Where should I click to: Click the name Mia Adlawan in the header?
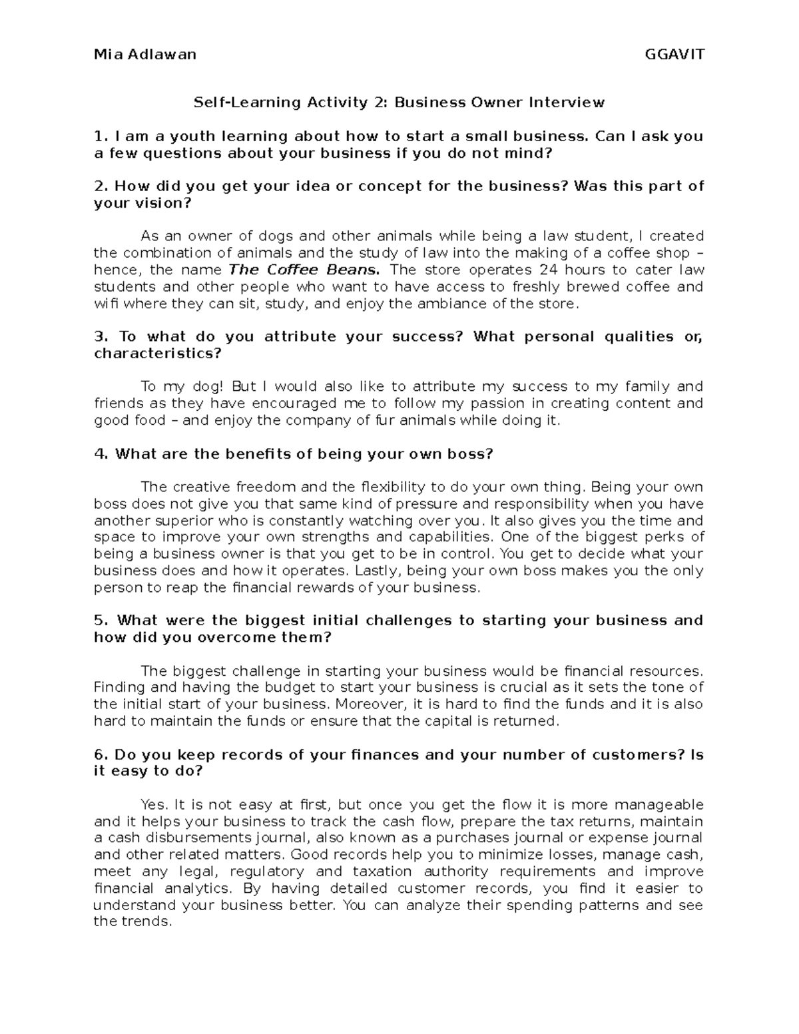click(x=145, y=55)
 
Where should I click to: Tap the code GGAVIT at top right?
click(x=674, y=55)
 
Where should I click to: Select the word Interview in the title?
click(x=567, y=103)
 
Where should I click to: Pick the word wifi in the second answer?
click(x=105, y=304)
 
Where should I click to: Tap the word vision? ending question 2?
click(x=142, y=204)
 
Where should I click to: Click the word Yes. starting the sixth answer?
click(x=152, y=805)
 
